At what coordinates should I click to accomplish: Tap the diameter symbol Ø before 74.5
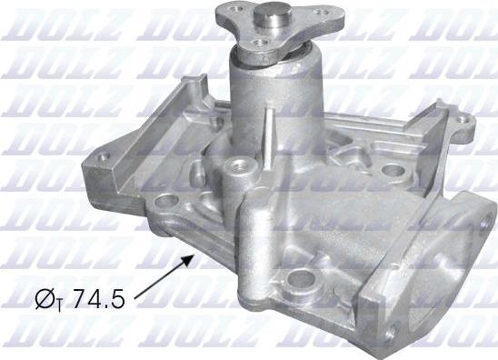tap(45, 298)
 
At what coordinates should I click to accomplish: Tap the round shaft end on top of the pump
tap(274, 15)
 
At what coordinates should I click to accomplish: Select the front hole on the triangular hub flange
tap(260, 43)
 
